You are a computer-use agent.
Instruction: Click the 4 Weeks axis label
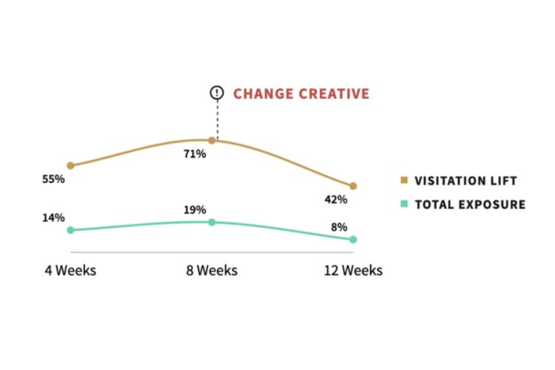[71, 271]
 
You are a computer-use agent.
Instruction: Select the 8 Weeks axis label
[212, 271]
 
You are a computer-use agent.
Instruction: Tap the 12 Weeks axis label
[353, 271]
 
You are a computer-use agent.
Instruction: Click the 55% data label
[53, 180]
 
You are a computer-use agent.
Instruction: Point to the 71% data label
[195, 154]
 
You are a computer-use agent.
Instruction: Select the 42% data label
[336, 199]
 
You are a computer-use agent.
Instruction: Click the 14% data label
[53, 218]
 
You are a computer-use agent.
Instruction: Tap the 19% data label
[195, 210]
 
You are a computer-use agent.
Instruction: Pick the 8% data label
[339, 227]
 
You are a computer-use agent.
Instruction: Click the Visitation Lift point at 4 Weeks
[70, 166]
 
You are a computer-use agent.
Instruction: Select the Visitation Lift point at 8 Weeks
[212, 140]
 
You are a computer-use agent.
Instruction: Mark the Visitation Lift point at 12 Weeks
[353, 186]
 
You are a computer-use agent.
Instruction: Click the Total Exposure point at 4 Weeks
[70, 230]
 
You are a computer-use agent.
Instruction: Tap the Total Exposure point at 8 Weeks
[212, 222]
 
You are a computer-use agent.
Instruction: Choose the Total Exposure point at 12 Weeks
[353, 240]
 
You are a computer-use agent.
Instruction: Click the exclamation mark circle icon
[216, 93]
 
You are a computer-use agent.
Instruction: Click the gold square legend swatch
[404, 181]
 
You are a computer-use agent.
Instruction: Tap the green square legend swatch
[404, 204]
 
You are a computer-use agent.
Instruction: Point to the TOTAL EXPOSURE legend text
[470, 205]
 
